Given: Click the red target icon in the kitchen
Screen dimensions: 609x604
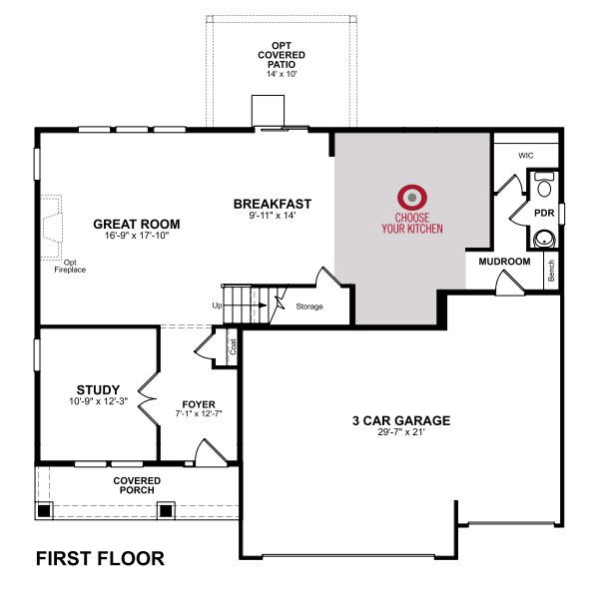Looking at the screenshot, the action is click(x=412, y=198).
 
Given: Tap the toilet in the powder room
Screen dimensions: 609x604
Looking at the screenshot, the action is click(x=544, y=186).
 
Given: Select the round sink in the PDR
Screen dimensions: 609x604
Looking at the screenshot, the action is click(x=544, y=239).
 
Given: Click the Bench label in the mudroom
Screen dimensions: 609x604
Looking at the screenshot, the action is click(x=551, y=271).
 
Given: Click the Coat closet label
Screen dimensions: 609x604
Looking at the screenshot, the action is click(x=233, y=346).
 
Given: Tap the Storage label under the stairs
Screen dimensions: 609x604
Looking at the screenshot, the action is click(x=309, y=306).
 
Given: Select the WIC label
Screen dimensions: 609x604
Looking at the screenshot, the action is click(x=526, y=156).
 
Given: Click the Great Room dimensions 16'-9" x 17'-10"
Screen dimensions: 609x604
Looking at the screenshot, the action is click(x=137, y=236).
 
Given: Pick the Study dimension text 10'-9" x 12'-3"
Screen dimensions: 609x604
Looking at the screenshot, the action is click(x=98, y=401).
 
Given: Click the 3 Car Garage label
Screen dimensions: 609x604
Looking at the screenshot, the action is click(x=401, y=420).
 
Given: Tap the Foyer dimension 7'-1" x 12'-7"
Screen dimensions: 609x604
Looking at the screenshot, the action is click(x=199, y=413).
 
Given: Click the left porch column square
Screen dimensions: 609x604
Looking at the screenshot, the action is click(x=44, y=510).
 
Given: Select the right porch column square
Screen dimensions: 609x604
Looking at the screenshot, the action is click(x=166, y=510).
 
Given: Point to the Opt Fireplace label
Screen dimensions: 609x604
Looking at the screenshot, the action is click(x=70, y=267).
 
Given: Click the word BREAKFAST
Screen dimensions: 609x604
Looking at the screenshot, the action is click(x=273, y=204).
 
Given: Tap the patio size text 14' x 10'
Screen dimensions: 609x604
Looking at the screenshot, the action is click(x=282, y=74).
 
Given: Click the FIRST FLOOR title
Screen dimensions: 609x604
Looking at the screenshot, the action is click(x=100, y=558).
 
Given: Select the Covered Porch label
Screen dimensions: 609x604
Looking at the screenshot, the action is click(x=137, y=485).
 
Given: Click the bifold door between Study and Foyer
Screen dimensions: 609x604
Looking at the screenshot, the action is click(x=149, y=399).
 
